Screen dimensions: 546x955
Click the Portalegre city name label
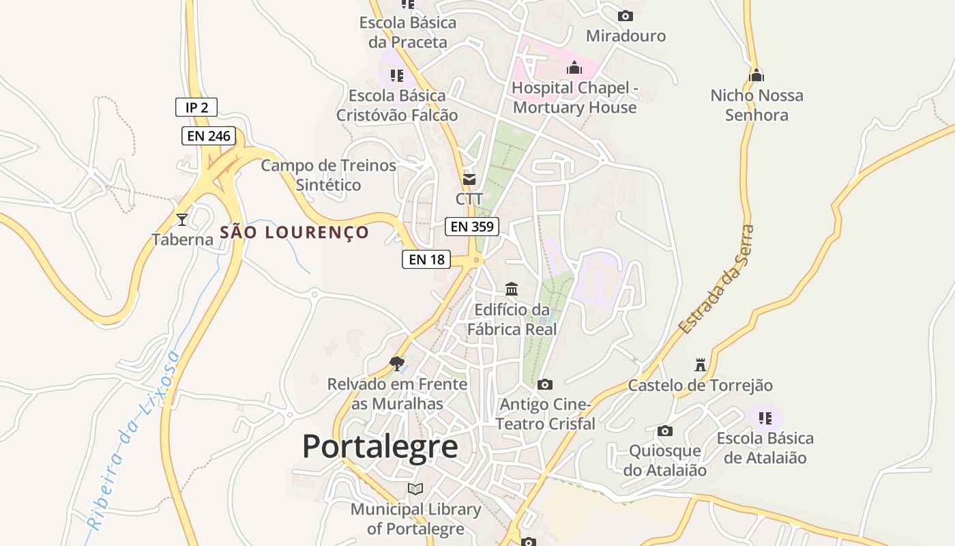point(380,447)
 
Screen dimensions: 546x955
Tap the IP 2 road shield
point(196,107)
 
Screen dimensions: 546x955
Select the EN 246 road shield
point(209,136)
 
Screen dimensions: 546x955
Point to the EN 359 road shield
point(472,227)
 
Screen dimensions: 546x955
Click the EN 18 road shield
point(426,259)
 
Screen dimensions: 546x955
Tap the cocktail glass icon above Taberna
point(182,219)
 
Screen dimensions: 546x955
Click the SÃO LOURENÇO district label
point(294,233)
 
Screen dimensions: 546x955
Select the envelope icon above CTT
point(469,179)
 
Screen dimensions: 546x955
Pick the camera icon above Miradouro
point(626,16)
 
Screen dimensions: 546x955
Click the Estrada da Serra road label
point(716,280)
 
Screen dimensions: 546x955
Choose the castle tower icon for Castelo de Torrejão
point(700,364)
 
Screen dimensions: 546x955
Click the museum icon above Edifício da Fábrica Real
point(512,289)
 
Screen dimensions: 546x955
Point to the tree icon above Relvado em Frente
point(397,363)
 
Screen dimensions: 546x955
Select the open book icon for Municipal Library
point(415,489)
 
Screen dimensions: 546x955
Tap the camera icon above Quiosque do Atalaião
point(665,431)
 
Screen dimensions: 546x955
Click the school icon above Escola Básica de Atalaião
point(765,418)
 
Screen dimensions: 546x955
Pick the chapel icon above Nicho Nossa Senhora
point(756,75)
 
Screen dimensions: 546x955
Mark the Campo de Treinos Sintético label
point(328,175)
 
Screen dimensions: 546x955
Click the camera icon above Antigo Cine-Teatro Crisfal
point(544,385)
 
